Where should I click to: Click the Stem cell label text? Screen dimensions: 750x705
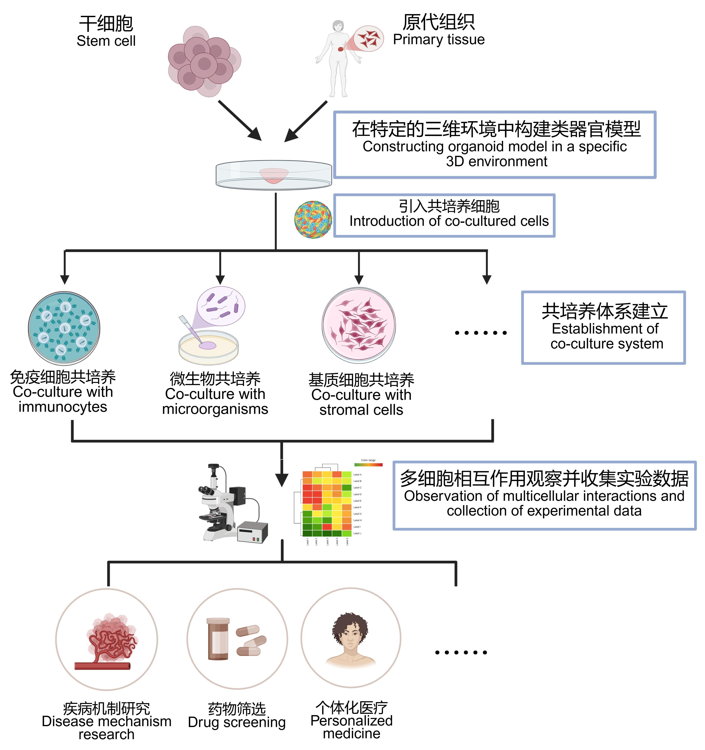click(x=106, y=41)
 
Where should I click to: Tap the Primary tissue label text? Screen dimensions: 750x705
click(x=438, y=39)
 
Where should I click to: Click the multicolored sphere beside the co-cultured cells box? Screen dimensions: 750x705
click(x=313, y=220)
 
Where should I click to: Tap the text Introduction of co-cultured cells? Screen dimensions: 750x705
click(x=449, y=221)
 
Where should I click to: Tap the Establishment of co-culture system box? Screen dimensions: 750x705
click(x=603, y=327)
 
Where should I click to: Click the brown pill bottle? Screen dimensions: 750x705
click(x=218, y=639)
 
